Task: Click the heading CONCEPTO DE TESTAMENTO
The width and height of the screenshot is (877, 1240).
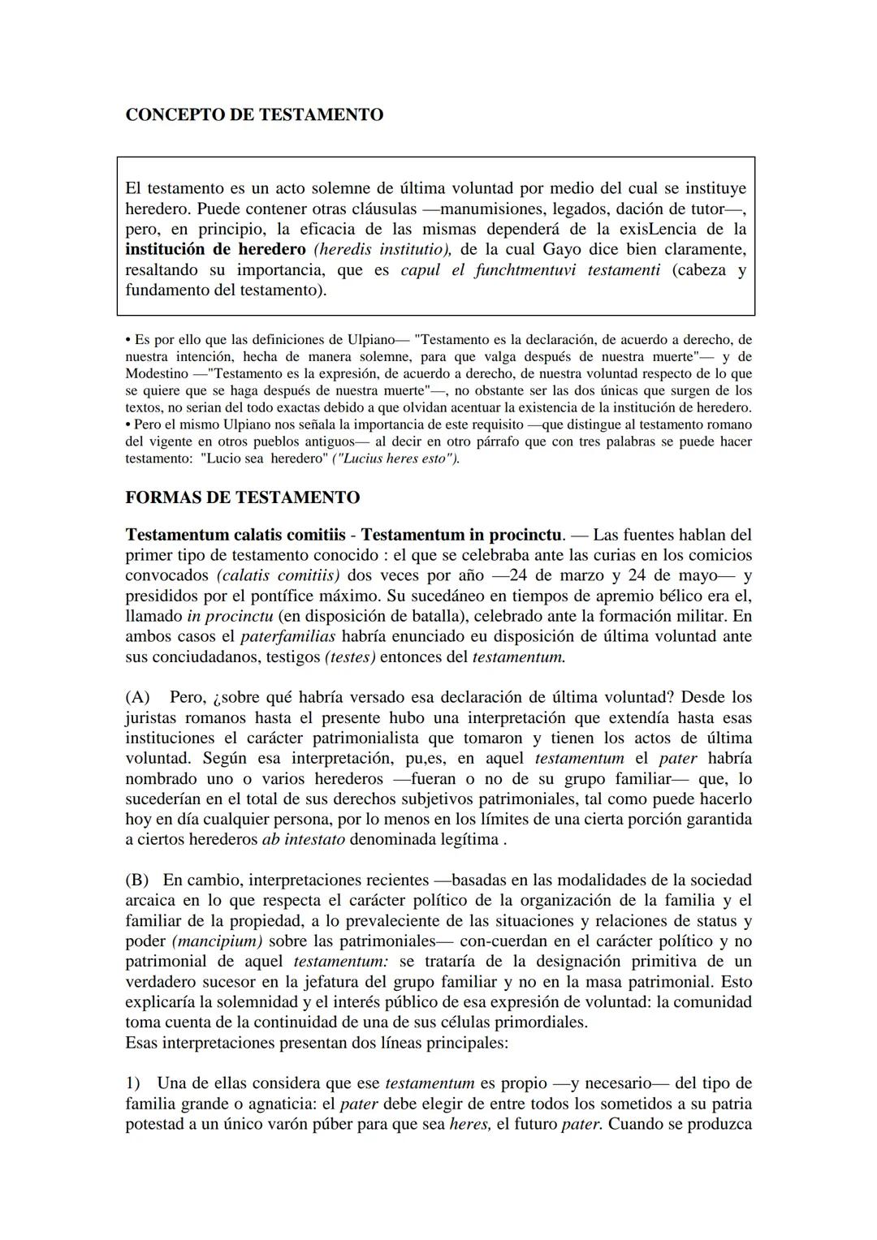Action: pos(254,115)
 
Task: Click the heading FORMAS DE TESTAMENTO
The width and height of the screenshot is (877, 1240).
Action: pos(242,497)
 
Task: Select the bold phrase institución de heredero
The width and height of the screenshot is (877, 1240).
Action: pos(215,249)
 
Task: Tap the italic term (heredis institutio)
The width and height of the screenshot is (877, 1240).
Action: pos(382,249)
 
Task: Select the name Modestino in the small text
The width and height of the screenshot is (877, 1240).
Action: pos(157,373)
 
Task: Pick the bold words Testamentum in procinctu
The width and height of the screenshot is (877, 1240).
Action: pos(461,535)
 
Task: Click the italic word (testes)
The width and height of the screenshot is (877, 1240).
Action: pos(350,657)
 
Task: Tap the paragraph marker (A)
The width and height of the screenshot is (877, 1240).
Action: pos(137,697)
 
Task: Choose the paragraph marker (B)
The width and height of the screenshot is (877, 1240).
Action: pos(137,880)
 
